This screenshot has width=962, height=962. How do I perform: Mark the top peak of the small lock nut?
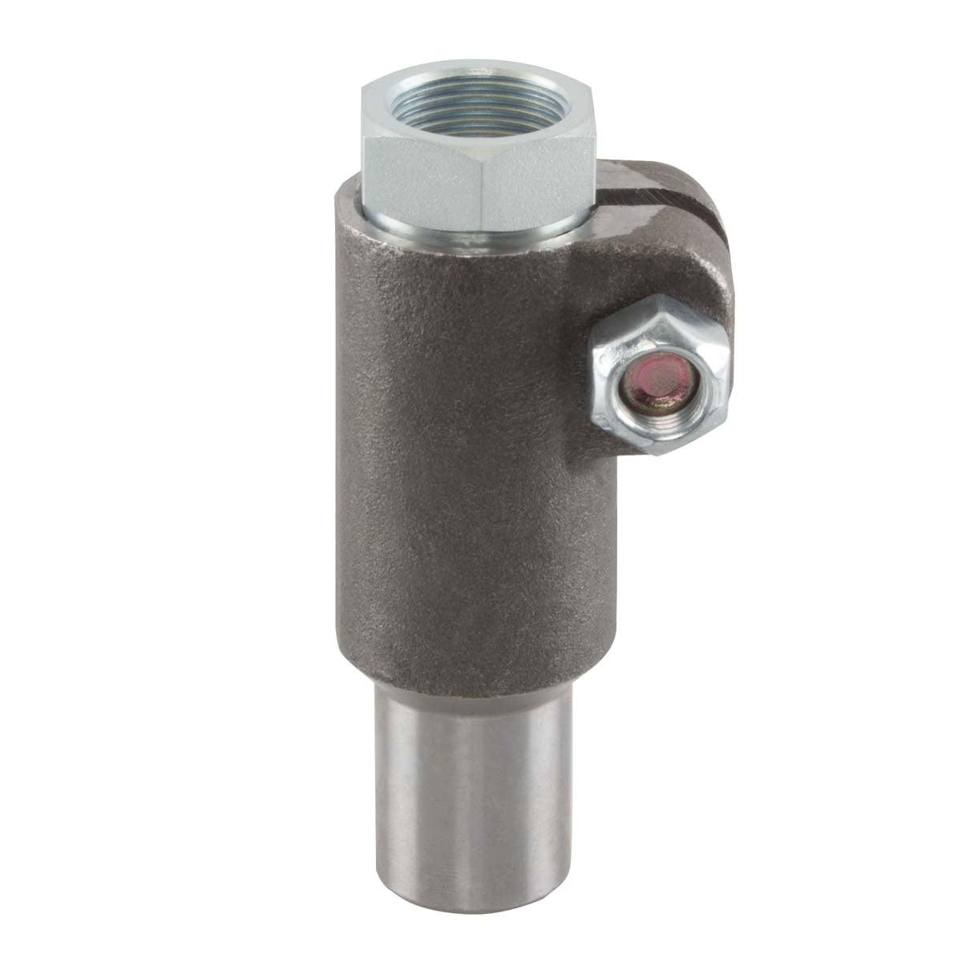(657, 297)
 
